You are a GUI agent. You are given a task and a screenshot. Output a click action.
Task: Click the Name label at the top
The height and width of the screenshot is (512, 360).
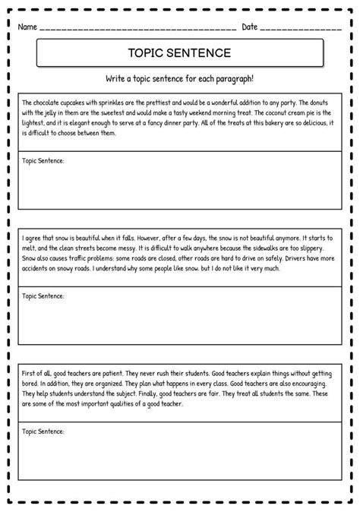27,27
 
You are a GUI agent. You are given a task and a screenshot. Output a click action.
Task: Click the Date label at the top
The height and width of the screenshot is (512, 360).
250,27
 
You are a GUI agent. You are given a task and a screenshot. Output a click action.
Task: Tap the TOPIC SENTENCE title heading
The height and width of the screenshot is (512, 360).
179,53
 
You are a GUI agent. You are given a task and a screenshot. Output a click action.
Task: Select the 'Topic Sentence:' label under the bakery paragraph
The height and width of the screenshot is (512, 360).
43,162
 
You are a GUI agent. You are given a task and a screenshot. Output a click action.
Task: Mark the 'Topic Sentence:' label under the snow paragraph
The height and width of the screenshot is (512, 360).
43,296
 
